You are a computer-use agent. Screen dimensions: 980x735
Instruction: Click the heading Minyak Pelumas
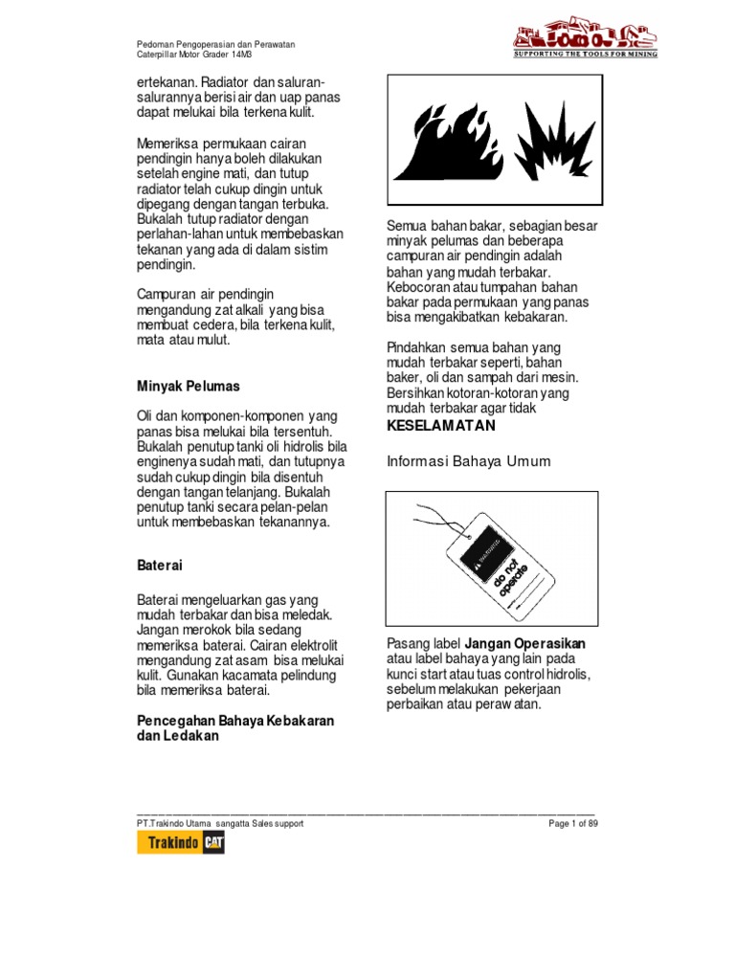(189, 387)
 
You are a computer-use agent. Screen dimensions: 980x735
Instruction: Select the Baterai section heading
(160, 567)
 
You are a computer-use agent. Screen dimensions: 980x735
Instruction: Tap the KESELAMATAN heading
(440, 425)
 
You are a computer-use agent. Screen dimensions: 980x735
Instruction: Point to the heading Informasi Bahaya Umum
(468, 461)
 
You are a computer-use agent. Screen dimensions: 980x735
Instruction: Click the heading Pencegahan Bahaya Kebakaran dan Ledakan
(235, 728)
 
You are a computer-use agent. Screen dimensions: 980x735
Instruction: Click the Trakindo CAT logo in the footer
(181, 843)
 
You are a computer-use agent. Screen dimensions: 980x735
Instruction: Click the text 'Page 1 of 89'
(572, 823)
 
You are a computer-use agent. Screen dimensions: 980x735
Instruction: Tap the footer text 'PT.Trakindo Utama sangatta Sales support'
(220, 823)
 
